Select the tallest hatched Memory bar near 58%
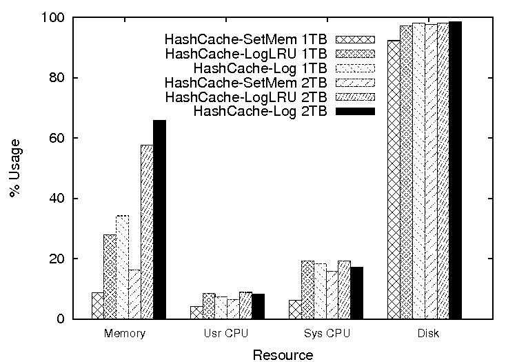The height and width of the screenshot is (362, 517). [x=147, y=232]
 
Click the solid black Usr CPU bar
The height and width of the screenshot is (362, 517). [x=258, y=306]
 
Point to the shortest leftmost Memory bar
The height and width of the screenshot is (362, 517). [x=97, y=305]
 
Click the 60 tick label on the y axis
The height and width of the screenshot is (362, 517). [x=59, y=138]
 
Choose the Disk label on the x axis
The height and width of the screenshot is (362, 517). [x=426, y=334]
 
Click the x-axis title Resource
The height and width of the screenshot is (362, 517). [x=283, y=355]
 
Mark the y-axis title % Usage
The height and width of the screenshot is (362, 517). [x=15, y=168]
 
